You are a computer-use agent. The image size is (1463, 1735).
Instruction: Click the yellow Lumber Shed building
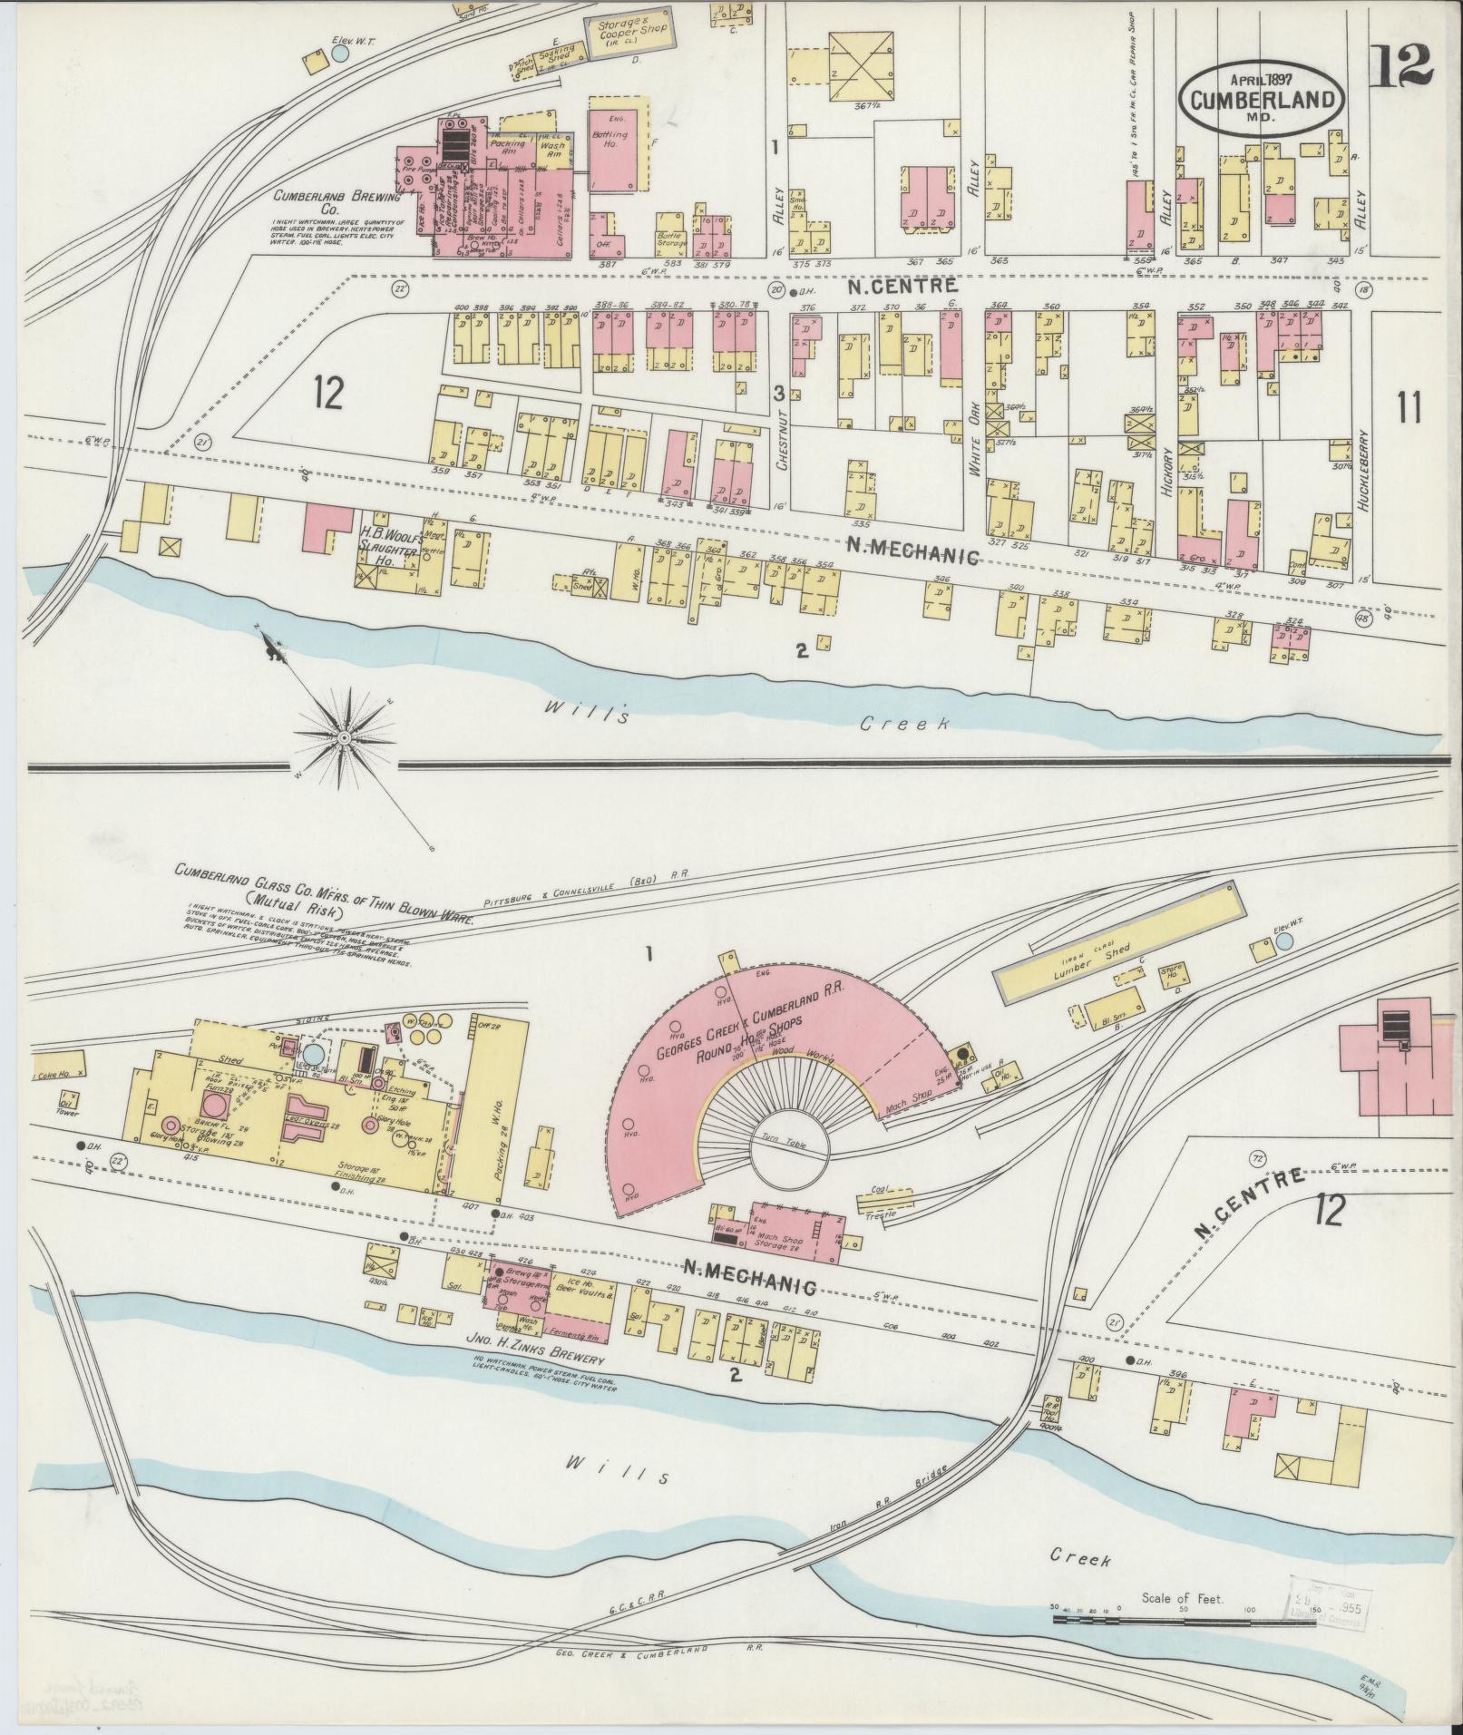[1118, 960]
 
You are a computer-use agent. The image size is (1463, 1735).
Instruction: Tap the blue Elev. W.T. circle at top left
[340, 54]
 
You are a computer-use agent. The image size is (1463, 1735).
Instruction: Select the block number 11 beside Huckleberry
[1408, 409]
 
